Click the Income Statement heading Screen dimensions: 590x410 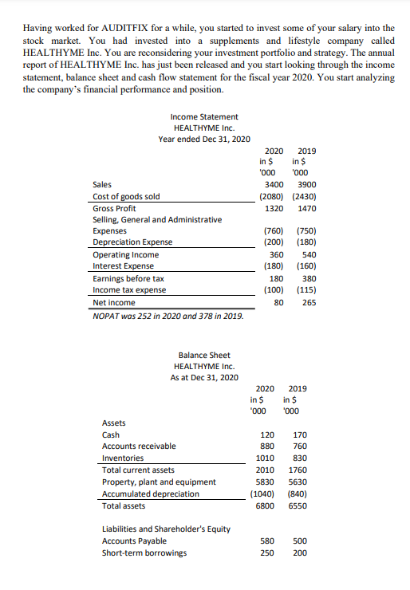tap(204, 116)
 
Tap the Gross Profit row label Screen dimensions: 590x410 tap(115, 208)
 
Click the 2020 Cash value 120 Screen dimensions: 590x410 tap(267, 435)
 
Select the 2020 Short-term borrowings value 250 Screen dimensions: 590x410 tap(267, 553)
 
